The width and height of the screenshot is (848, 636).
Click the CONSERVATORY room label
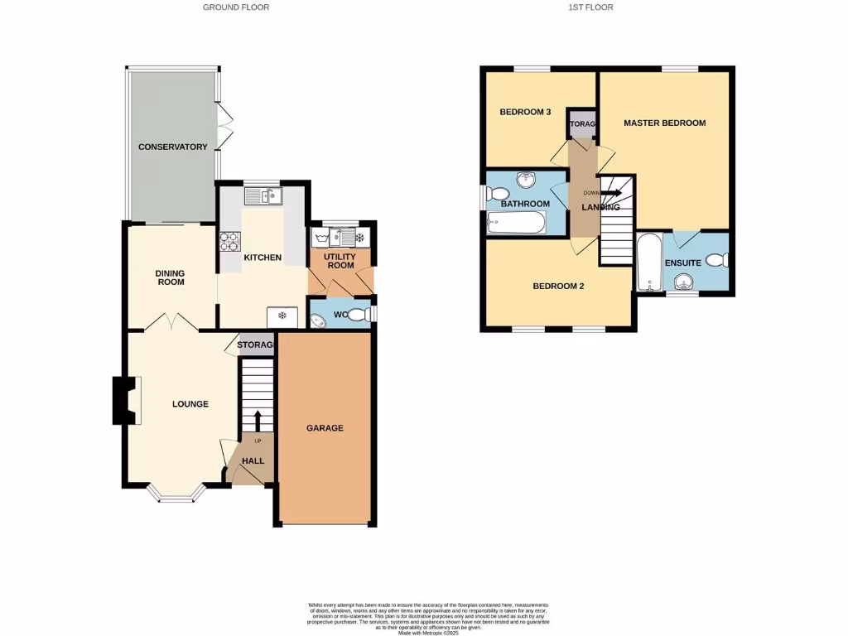(172, 147)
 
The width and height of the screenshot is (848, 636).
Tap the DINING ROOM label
(171, 277)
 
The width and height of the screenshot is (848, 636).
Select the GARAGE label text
(325, 428)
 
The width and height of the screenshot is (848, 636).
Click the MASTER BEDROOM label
(664, 123)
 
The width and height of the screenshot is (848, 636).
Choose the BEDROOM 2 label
(558, 287)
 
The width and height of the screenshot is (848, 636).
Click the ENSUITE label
(683, 263)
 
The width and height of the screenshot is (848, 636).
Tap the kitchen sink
(263, 196)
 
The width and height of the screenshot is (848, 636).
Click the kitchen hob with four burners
(229, 241)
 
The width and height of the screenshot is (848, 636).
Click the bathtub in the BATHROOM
(516, 222)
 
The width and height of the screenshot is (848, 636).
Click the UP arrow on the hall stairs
(257, 419)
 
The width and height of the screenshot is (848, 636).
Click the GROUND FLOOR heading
(236, 7)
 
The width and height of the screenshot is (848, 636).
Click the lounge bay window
(176, 494)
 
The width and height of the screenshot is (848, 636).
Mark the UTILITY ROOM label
(340, 261)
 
